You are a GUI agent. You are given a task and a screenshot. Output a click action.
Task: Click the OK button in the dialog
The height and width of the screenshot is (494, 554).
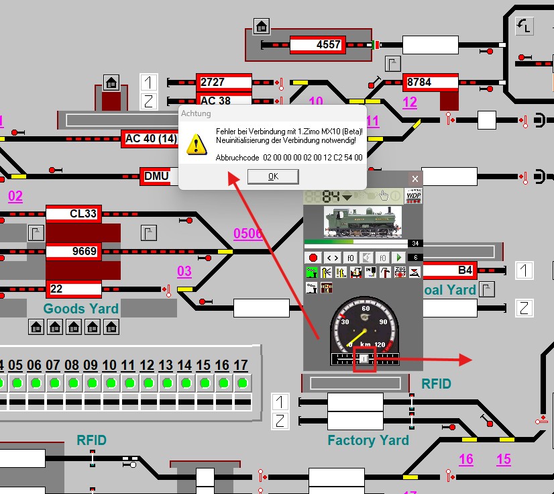273,177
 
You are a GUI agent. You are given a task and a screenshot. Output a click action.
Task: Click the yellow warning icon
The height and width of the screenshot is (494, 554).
197,144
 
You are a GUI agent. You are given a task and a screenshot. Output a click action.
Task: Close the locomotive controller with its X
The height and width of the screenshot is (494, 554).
415,179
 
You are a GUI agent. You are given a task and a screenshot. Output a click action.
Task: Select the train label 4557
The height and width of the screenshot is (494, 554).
318,45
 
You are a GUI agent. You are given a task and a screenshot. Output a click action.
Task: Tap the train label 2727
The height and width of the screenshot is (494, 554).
223,83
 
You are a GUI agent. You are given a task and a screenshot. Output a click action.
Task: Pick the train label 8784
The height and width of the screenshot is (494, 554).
430,83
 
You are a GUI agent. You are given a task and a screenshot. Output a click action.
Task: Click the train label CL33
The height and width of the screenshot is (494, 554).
74,214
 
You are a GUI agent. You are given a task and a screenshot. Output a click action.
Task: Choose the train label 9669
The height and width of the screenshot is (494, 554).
74,252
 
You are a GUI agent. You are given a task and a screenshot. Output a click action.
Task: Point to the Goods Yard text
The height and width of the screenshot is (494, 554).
81,309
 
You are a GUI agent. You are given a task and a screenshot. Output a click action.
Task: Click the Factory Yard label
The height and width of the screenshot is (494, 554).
368,441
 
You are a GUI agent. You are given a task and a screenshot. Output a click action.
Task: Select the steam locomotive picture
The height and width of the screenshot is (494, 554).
363,221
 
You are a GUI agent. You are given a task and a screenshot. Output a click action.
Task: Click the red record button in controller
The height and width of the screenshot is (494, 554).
313,258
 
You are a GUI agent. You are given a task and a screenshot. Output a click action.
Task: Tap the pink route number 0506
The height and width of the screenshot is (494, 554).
248,234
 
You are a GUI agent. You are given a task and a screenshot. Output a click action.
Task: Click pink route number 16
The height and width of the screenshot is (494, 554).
466,460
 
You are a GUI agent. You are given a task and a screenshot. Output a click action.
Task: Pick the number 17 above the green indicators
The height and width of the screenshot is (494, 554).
241,366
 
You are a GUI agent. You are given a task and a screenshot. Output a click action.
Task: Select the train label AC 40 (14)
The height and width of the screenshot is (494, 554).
151,139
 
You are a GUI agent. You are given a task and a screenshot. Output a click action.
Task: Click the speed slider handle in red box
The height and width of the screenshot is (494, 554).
364,359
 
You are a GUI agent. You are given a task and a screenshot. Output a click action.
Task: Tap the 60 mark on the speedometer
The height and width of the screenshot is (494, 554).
366,309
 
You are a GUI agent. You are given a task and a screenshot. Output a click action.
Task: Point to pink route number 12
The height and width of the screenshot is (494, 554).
410,103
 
